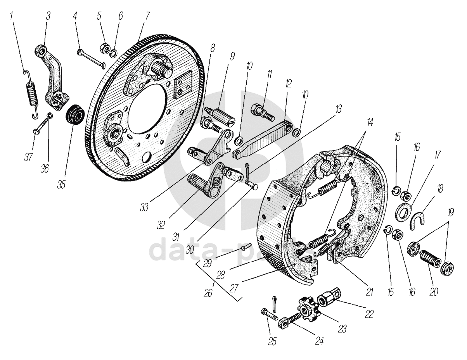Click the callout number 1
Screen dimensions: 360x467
(x=12, y=17)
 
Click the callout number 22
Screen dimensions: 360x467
(x=369, y=313)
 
